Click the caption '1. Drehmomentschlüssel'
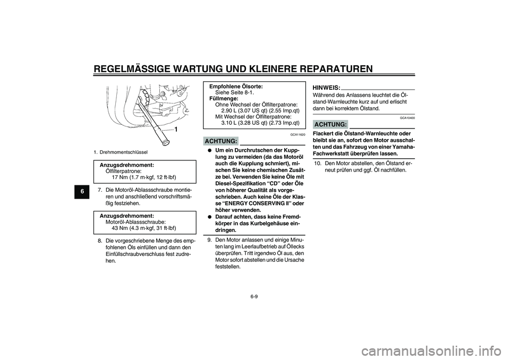[x=123, y=152]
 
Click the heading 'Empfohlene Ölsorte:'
[x=236, y=86]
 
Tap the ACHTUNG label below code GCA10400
[x=330, y=124]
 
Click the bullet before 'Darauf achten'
[x=210, y=217]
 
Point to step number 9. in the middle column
[x=210, y=239]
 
